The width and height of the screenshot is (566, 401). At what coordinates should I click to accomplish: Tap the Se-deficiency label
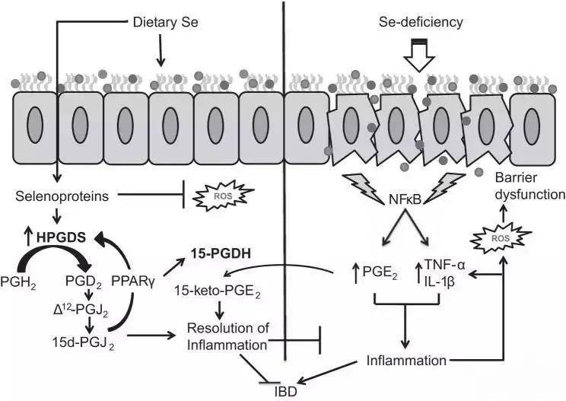(420, 22)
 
